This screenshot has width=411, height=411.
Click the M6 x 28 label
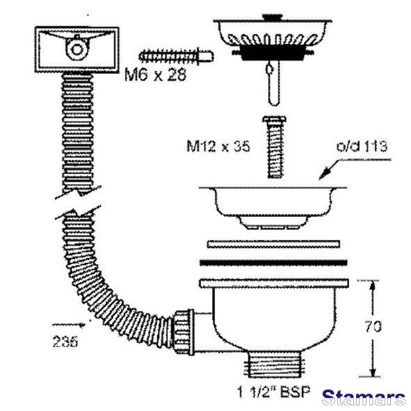(155, 74)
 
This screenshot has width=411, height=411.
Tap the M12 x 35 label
(218, 146)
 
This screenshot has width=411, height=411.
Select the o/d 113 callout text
(362, 146)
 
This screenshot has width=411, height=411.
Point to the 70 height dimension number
(373, 327)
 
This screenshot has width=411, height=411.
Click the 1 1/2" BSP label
(273, 392)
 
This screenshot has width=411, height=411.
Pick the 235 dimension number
(65, 341)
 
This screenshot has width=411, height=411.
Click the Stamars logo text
(364, 397)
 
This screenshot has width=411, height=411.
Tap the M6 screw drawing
(176, 56)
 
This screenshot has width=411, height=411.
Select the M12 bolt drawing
(274, 147)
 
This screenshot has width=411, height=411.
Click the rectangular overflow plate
(77, 49)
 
